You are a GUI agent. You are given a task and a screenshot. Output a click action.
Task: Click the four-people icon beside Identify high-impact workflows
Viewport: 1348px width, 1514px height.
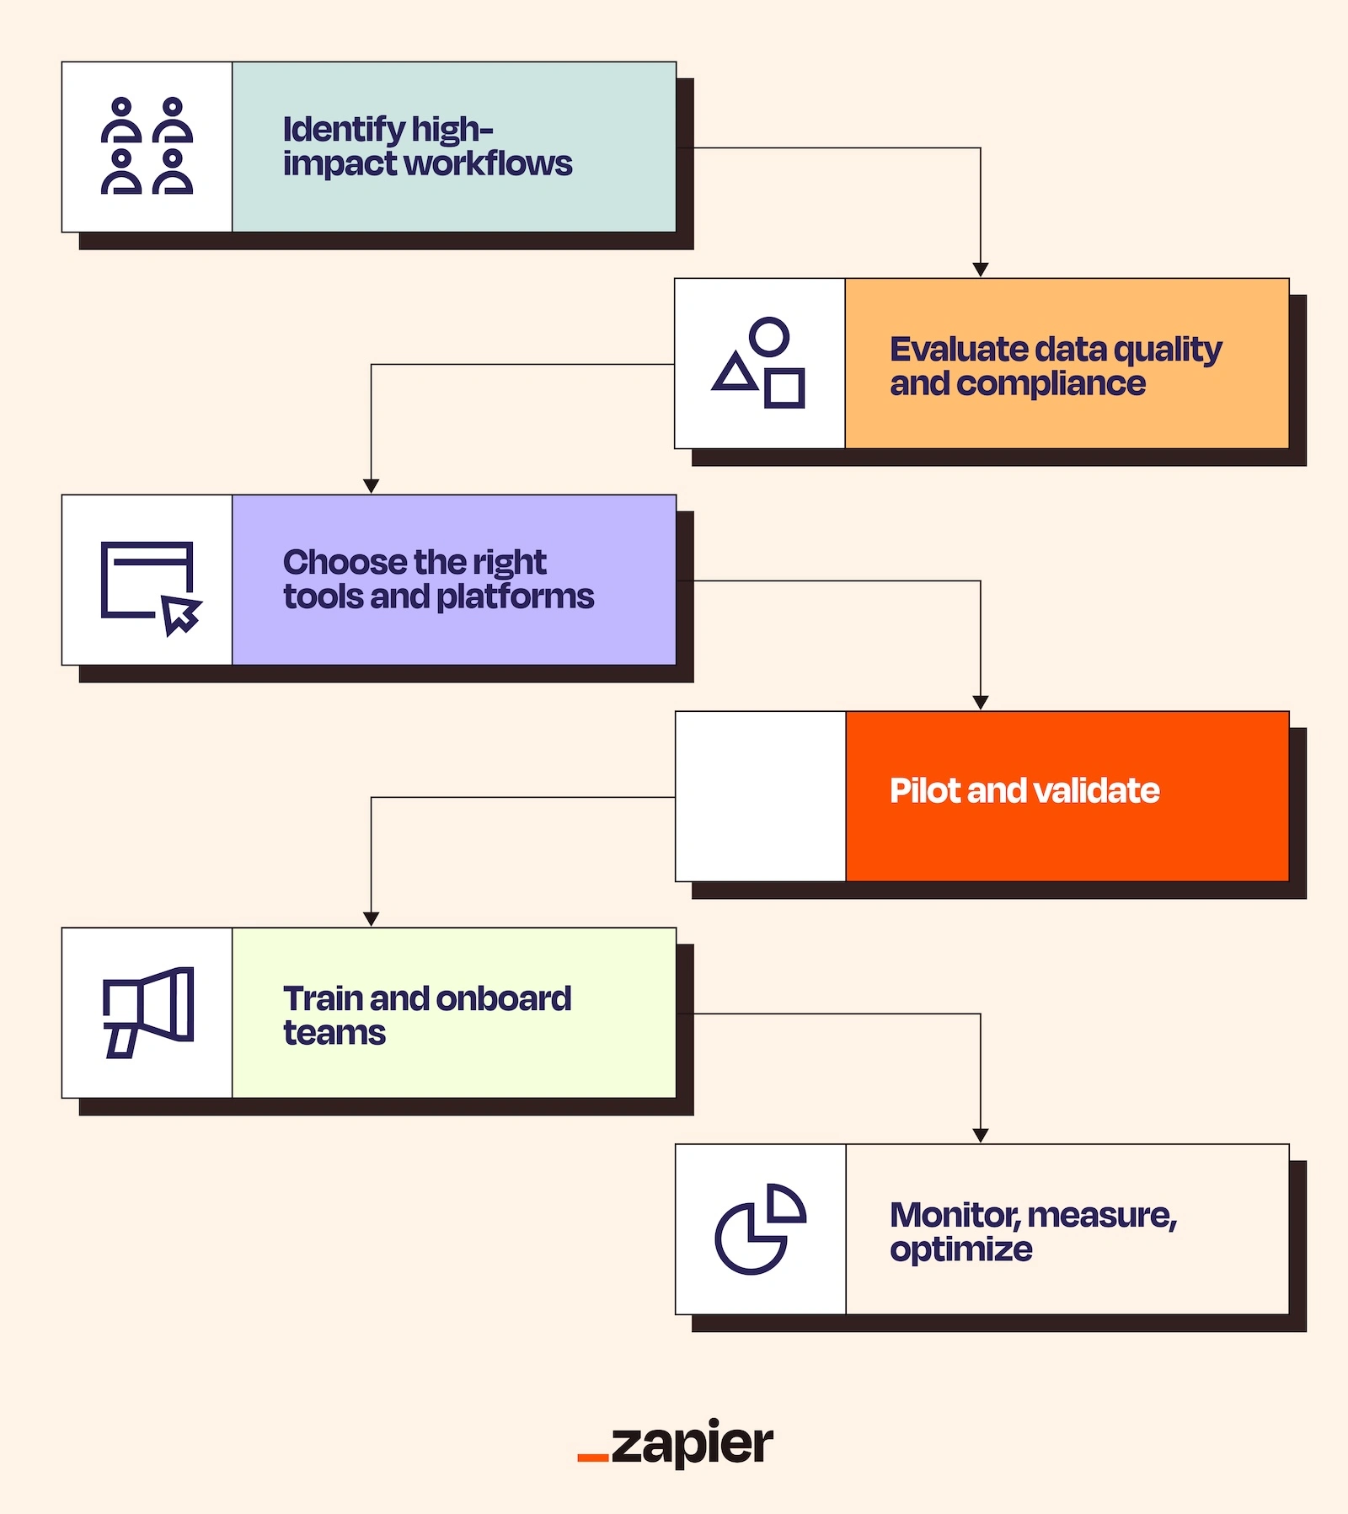coord(147,147)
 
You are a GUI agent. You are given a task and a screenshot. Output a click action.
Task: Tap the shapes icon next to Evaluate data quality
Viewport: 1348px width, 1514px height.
coord(759,363)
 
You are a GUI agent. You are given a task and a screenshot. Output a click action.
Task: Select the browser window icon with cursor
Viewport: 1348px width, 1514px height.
coord(150,588)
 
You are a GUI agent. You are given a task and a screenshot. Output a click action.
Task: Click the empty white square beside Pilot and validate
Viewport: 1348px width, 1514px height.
coord(760,796)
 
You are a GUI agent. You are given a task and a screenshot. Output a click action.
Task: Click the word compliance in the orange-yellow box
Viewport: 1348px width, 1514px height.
coord(1051,384)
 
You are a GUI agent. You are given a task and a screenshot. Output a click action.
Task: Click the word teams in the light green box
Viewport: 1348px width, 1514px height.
coord(334,1033)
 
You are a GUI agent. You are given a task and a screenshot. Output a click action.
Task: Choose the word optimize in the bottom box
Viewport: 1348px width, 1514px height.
coord(960,1249)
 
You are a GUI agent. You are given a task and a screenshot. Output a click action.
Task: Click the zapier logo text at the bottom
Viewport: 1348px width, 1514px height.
coord(691,1445)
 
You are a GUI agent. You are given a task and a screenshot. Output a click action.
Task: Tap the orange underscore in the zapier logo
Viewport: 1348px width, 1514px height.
coord(592,1457)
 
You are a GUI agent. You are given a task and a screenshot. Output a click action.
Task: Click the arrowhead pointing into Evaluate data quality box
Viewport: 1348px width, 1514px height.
coord(980,270)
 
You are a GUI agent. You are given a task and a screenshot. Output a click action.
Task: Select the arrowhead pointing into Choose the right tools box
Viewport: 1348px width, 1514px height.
coord(371,486)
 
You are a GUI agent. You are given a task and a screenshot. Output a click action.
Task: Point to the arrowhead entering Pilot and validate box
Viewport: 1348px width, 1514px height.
coord(980,703)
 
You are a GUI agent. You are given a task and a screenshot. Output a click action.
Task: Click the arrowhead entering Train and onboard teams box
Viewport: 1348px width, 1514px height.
coord(371,919)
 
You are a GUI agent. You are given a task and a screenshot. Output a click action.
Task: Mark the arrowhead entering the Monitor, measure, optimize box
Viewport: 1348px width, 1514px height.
coord(980,1136)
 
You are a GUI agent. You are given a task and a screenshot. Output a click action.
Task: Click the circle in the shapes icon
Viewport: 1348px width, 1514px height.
coord(769,336)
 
